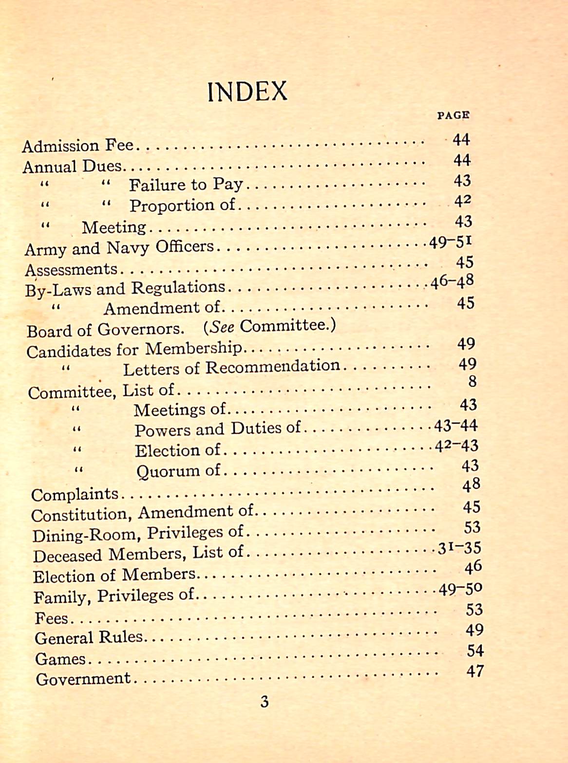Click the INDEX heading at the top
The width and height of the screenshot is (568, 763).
[x=247, y=92]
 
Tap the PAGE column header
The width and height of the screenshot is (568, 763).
[x=453, y=115]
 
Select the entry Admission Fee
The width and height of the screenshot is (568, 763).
[x=77, y=146]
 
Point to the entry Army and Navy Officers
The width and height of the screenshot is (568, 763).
[x=119, y=248]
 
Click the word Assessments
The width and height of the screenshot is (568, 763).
[x=71, y=269]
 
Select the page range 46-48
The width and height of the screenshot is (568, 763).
[x=452, y=282]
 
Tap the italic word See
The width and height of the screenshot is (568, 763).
[x=222, y=327]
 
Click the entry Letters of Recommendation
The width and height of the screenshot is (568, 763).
[x=231, y=368]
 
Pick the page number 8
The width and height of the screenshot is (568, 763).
[x=472, y=381]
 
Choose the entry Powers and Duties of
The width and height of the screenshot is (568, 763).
[x=218, y=429]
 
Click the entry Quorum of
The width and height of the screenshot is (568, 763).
[x=178, y=471]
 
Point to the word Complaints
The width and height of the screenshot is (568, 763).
[x=75, y=494]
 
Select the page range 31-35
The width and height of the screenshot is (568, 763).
[x=459, y=549]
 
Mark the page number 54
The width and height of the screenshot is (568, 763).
[x=475, y=651]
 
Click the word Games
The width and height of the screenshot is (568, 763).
[x=60, y=659]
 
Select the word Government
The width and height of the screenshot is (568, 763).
[x=83, y=679]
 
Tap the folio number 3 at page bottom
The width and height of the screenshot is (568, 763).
[x=265, y=702]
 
